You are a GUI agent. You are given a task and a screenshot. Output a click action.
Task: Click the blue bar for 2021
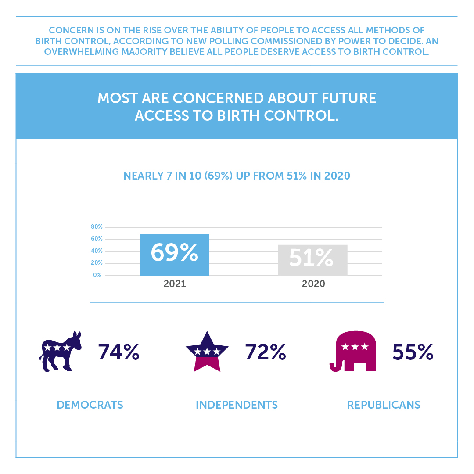coord(174,255)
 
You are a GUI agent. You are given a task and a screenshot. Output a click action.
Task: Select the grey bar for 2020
coord(312,260)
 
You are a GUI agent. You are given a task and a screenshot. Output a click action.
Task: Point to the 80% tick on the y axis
coord(97,227)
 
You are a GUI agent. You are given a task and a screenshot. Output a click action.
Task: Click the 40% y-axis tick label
coord(97,251)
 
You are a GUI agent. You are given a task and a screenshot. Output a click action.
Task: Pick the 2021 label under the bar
coord(175,284)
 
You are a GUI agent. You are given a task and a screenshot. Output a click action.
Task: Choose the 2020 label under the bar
coord(313,284)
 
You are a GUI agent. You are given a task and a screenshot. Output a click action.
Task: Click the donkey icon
coord(61,351)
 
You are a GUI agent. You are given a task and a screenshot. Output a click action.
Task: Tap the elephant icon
coord(353,351)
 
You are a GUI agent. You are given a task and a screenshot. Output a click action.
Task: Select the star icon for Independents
coord(207,352)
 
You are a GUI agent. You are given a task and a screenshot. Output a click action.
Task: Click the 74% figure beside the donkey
coord(118,352)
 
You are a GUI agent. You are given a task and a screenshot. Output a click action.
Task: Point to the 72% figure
coord(266,352)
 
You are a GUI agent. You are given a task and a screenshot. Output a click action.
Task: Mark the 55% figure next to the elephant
coord(413,352)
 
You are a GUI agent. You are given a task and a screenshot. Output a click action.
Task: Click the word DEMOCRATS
coord(90,405)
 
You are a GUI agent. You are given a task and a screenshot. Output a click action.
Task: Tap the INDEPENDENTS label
coord(237,405)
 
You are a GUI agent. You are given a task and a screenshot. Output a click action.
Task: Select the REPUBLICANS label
coord(384,405)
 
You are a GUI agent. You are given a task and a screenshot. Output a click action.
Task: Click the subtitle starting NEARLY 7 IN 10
coord(237,176)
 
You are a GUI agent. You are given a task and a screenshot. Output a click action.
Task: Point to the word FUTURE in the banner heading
coord(347,98)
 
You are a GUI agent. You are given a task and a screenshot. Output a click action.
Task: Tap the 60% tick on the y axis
coord(97,239)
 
